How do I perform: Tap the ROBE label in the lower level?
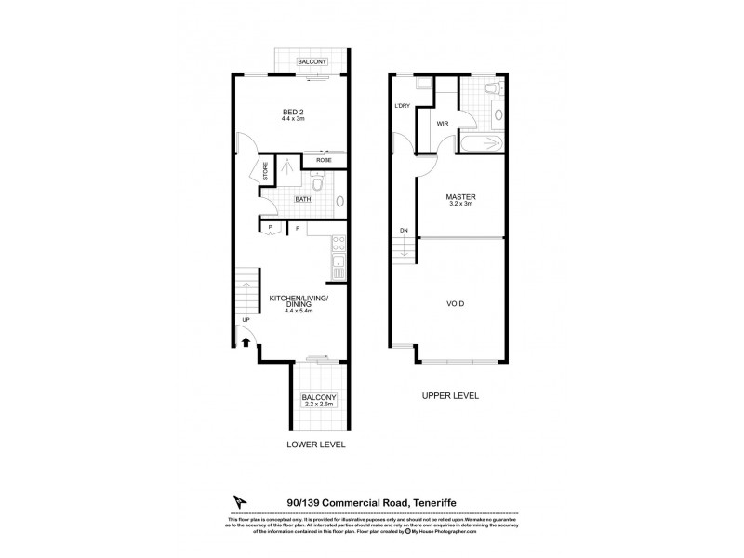(325, 160)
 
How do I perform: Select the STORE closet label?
(265, 172)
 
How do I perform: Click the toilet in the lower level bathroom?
(317, 185)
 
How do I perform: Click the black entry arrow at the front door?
(246, 342)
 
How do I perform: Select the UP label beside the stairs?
(246, 320)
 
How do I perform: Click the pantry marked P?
(270, 227)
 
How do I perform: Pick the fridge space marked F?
(297, 227)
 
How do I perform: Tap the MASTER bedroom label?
(461, 197)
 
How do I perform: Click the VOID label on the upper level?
(456, 304)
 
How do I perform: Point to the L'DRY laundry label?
(403, 105)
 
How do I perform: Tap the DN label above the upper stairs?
(404, 231)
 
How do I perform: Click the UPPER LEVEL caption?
(450, 395)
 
